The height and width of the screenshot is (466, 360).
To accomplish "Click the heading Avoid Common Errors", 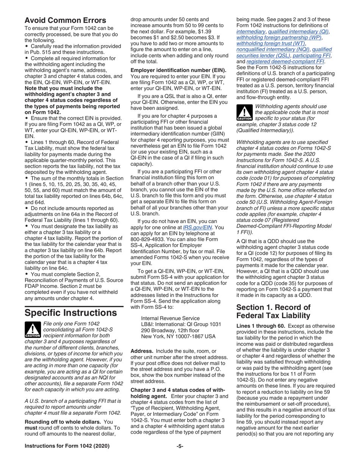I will point(65,20).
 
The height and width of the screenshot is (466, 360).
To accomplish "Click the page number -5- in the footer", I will point(180,457).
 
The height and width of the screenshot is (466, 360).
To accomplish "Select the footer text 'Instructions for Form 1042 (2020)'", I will point(67,457).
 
